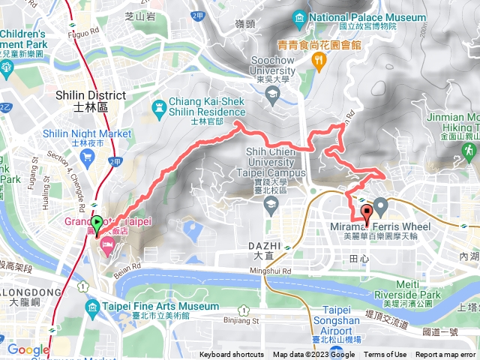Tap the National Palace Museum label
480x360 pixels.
[x=352, y=16]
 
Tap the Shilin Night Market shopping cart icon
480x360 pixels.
[x=87, y=154]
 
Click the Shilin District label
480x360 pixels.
[x=82, y=101]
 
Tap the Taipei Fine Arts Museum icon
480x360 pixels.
[x=92, y=307]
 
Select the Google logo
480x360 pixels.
[x=28, y=349]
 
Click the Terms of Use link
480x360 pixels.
[x=385, y=355]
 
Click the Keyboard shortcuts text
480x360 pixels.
[x=231, y=355]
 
